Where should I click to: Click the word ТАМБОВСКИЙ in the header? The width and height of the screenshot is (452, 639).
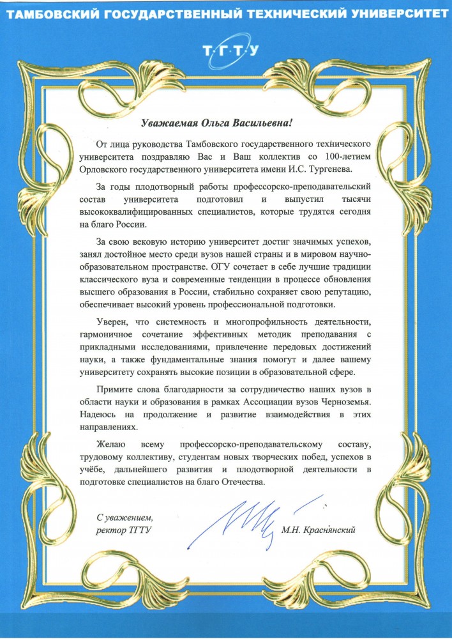pyautogui.click(x=50, y=13)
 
